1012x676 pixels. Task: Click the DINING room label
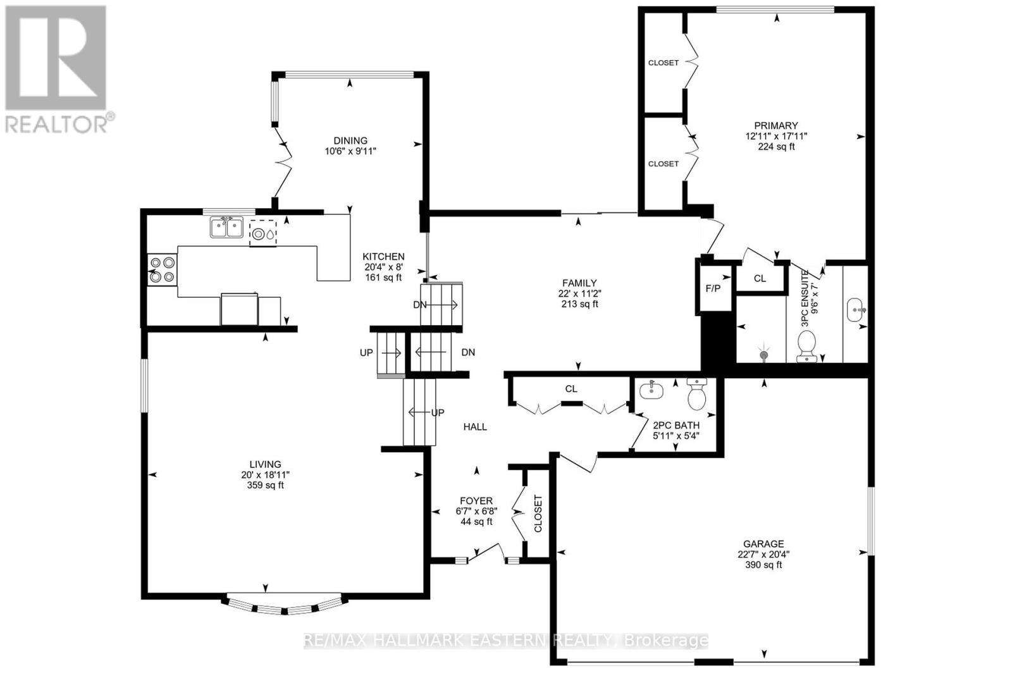[x=350, y=140]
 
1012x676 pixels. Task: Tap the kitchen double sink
[x=226, y=227]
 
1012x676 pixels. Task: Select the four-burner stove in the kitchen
[x=162, y=269]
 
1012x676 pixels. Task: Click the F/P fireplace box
[x=713, y=288]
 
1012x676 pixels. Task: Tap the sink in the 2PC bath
[x=651, y=391]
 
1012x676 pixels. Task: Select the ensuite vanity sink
[x=856, y=310]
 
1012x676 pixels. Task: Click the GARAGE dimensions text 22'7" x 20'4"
[x=763, y=555]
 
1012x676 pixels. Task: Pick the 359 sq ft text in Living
[x=265, y=485]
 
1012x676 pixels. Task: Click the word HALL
[x=475, y=427]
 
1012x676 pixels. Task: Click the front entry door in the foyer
[x=486, y=553]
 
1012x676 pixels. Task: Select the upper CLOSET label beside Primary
[x=663, y=63]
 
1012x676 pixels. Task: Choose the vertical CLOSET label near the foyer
[x=538, y=513]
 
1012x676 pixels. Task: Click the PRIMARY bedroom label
[x=775, y=125]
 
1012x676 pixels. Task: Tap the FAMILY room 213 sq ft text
[x=579, y=304]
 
